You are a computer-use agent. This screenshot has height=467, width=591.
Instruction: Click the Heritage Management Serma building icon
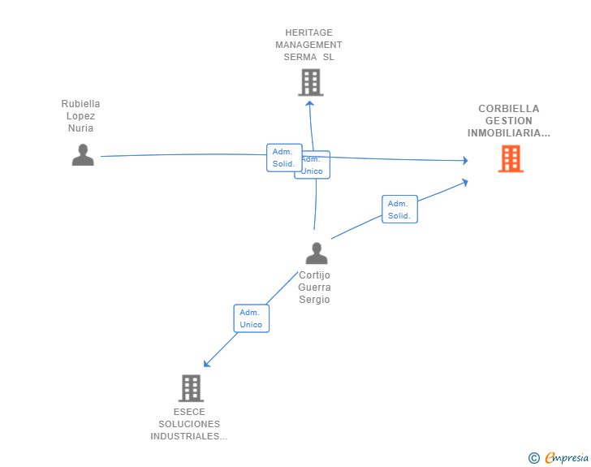coord(310,82)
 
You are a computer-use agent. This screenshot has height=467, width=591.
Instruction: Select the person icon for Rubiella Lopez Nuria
coord(83,154)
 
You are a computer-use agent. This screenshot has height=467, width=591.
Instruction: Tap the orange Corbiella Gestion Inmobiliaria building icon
coord(511,158)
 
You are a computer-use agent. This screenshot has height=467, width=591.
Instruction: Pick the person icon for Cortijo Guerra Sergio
coord(317,253)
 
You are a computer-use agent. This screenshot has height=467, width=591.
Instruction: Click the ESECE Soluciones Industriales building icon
coord(191,388)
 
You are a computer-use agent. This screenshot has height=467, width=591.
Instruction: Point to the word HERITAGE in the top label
coord(308,33)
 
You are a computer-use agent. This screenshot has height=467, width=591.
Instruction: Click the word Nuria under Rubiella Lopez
coord(80,128)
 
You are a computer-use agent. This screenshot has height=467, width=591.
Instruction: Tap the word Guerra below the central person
coord(314,288)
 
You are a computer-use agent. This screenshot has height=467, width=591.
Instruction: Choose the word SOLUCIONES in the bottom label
coord(189,424)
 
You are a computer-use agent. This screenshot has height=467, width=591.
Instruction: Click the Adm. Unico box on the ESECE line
coord(251,318)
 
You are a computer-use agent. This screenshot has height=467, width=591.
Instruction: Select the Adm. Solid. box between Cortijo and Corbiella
coord(399,210)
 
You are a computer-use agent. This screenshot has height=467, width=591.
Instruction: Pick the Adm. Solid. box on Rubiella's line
coord(283,158)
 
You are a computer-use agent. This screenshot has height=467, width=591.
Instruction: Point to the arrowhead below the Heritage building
coord(309,102)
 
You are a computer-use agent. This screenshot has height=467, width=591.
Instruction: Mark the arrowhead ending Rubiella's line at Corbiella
coord(465,161)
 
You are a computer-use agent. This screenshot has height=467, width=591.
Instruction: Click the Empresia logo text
coord(567,458)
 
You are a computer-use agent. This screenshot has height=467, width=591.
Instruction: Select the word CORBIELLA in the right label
coord(508,109)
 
